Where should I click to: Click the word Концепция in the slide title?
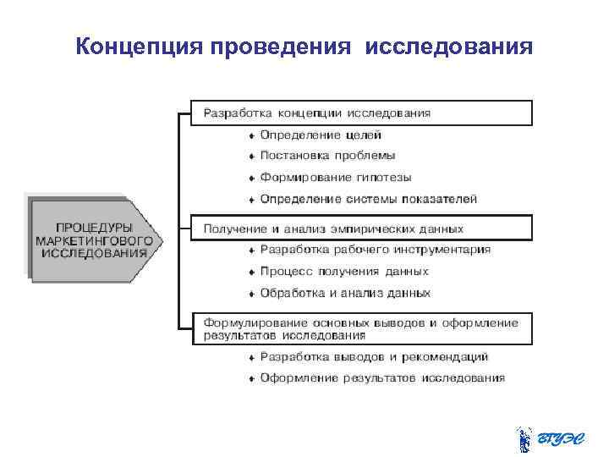click(135, 46)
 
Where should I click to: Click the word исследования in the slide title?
click(449, 46)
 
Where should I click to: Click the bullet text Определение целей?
click(321, 135)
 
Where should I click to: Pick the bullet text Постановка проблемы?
click(327, 156)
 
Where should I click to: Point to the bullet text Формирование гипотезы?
click(336, 178)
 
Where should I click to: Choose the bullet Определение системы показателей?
click(368, 199)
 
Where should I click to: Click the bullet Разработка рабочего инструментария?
click(375, 250)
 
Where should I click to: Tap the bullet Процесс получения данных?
click(344, 272)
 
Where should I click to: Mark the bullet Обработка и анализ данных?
click(345, 293)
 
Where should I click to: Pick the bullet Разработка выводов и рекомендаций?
click(374, 356)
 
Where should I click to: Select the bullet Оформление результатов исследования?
click(382, 378)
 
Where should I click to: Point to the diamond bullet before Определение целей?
click(251, 135)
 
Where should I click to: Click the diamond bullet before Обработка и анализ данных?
click(251, 294)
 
